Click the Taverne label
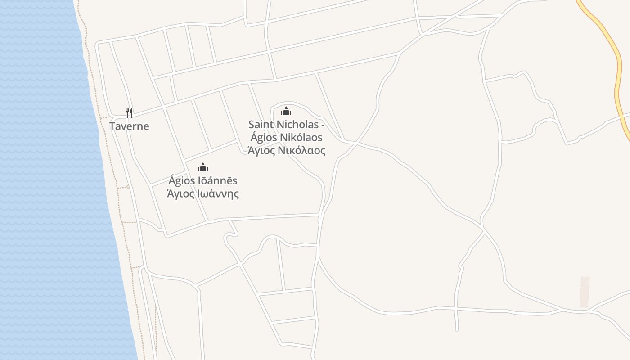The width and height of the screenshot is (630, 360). [x=129, y=126]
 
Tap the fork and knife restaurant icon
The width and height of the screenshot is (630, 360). [x=129, y=112]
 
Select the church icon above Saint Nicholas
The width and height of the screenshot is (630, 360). [x=286, y=111]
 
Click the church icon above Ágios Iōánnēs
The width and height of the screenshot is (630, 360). [x=203, y=167]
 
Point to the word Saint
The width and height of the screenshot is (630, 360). [x=261, y=124]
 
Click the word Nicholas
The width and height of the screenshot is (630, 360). [x=297, y=124]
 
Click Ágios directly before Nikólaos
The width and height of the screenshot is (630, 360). [x=264, y=137]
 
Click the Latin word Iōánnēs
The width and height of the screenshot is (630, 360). [x=218, y=180]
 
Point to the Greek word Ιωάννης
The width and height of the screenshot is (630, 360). [x=218, y=194]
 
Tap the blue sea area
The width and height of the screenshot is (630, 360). [x=40, y=180]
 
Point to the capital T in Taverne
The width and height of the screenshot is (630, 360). [x=112, y=126]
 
